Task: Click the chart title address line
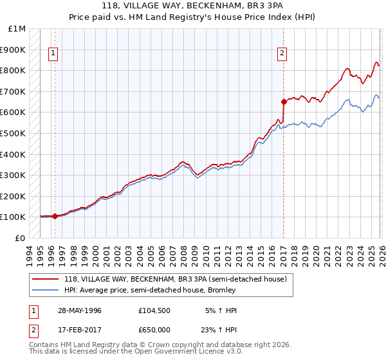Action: tap(192, 6)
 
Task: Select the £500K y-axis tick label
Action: tap(14, 133)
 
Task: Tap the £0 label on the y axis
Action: tap(21, 238)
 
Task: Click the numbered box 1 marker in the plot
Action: tap(53, 54)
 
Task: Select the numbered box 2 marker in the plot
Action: tap(282, 54)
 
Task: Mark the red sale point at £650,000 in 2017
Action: tap(284, 102)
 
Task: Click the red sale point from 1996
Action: tap(55, 216)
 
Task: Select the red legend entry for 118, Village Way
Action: tap(179, 279)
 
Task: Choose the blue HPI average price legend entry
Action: tap(150, 290)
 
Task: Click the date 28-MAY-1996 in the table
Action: tap(75, 310)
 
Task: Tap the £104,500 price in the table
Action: tap(154, 310)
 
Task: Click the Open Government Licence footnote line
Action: tap(136, 352)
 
